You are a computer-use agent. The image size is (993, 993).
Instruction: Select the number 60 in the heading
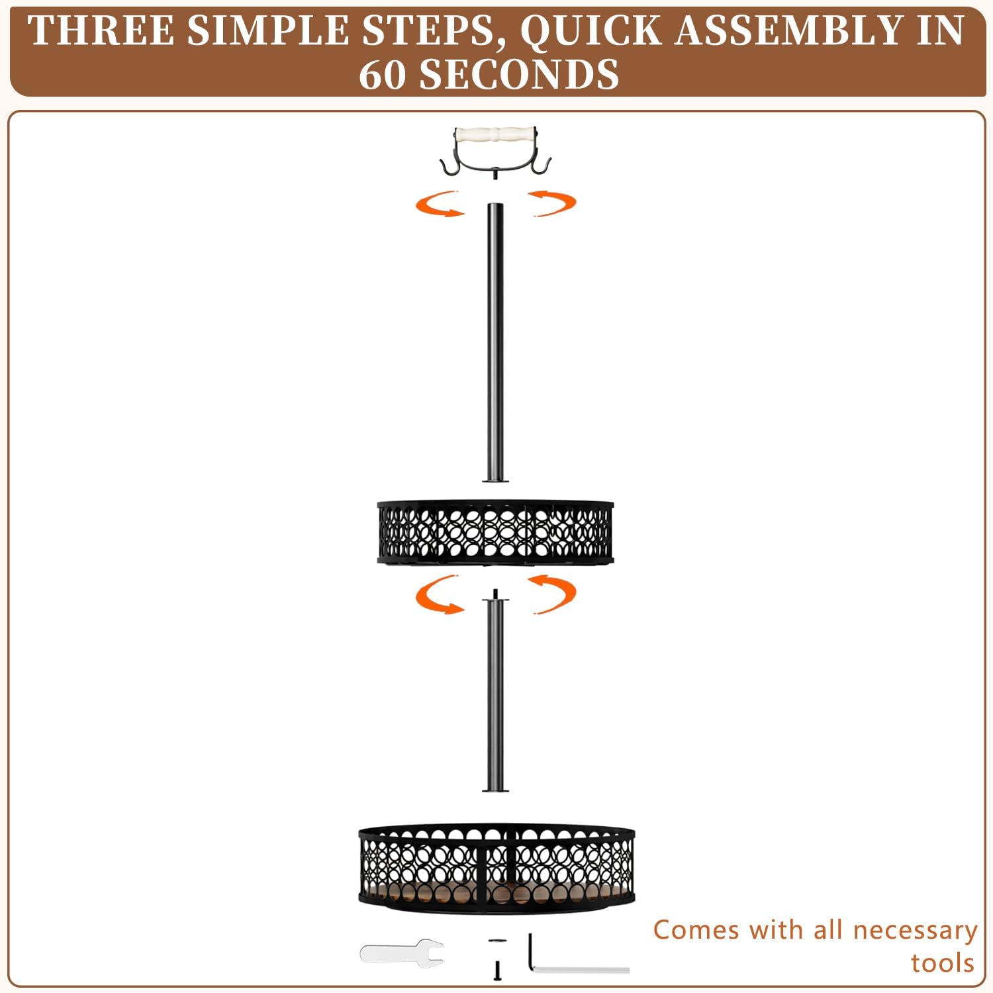pyautogui.click(x=382, y=74)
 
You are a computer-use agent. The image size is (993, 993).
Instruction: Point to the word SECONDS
pyautogui.click(x=520, y=74)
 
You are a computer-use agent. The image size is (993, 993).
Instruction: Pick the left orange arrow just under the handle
pyautogui.click(x=438, y=204)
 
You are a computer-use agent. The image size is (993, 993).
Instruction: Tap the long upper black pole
pyautogui.click(x=495, y=342)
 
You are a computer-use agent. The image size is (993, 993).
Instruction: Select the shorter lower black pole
pyautogui.click(x=495, y=692)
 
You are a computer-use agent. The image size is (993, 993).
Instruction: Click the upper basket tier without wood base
pyautogui.click(x=495, y=532)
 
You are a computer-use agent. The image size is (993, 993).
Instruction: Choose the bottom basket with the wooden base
pyautogui.click(x=496, y=868)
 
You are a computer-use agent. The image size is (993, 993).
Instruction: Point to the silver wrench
pyautogui.click(x=401, y=953)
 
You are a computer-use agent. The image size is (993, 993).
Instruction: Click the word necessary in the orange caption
pyautogui.click(x=915, y=931)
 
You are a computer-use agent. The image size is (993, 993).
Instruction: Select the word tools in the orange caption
pyautogui.click(x=943, y=963)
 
